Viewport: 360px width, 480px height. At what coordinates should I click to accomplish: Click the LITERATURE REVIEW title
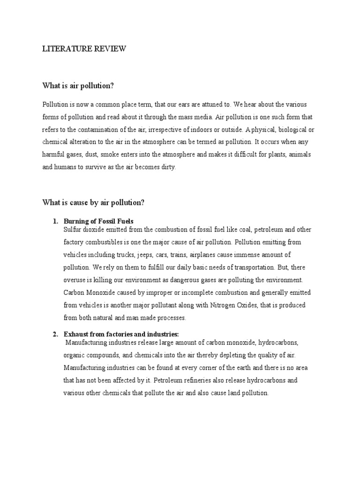point(84,49)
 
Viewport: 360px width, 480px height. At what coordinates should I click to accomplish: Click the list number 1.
point(54,221)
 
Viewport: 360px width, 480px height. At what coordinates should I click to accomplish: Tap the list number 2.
point(54,334)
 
